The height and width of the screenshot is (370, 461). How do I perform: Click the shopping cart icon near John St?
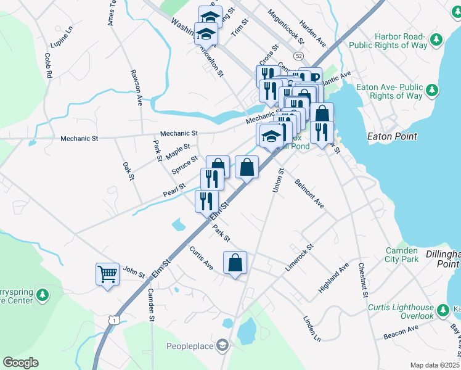107,273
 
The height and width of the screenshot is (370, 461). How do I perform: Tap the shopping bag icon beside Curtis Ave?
235,262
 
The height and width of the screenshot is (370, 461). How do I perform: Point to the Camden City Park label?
402,255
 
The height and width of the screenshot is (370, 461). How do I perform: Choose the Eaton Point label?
392,136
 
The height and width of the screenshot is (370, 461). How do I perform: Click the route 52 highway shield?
299,55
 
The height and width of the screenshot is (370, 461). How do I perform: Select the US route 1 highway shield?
112,319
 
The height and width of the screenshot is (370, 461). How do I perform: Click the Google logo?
20,362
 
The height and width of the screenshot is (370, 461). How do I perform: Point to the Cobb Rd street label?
47,65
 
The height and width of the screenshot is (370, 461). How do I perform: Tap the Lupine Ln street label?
62,37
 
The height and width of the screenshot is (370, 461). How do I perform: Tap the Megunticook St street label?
286,26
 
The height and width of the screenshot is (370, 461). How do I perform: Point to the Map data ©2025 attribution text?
434,365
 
